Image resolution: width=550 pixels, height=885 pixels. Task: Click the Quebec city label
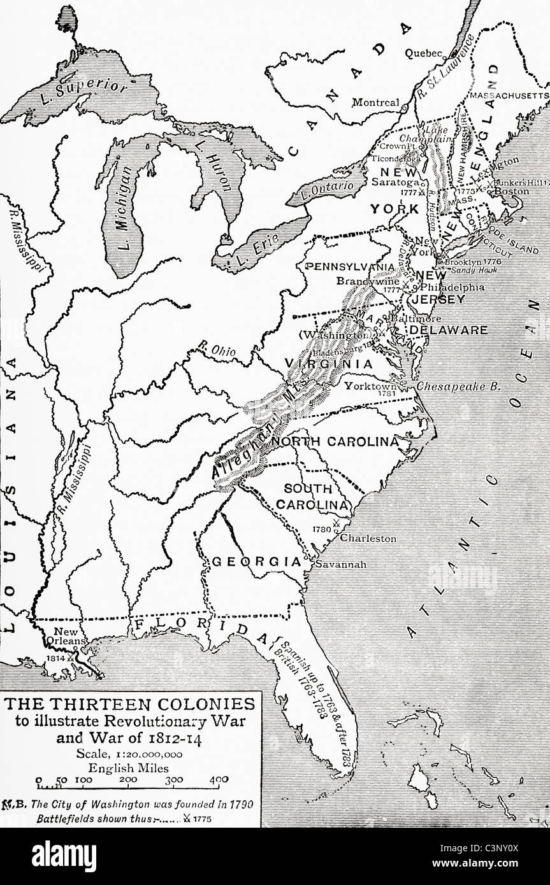pyautogui.click(x=424, y=54)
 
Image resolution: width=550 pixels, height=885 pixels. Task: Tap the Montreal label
pyautogui.click(x=375, y=103)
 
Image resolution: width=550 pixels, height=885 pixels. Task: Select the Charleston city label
pyautogui.click(x=368, y=539)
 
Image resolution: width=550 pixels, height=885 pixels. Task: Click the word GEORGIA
pyautogui.click(x=256, y=562)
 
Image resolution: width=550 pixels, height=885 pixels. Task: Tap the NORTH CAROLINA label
pyautogui.click(x=335, y=441)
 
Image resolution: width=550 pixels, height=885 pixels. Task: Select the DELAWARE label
pyautogui.click(x=448, y=330)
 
